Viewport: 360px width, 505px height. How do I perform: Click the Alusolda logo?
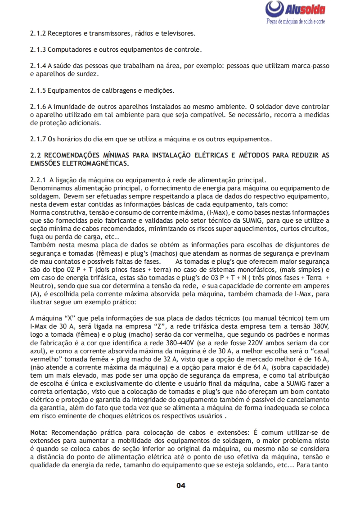(295, 9)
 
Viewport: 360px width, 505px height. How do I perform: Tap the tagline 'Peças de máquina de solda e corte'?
(296, 22)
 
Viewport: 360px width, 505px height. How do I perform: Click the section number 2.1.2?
(38, 33)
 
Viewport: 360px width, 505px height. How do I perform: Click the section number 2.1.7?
(38, 138)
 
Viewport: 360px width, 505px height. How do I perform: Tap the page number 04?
(180, 485)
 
